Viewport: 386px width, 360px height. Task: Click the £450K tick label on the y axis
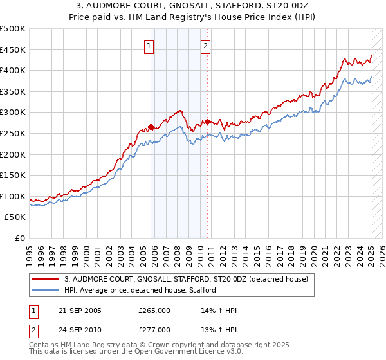click(x=13, y=50)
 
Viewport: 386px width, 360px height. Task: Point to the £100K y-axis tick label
click(x=13, y=196)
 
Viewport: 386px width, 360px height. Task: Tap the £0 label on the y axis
click(x=19, y=239)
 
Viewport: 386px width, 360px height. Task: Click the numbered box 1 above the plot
click(x=149, y=46)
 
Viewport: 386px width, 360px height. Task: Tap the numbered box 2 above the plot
click(x=205, y=46)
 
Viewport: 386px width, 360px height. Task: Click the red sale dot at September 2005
click(x=151, y=127)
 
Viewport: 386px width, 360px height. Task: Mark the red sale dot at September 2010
click(x=208, y=122)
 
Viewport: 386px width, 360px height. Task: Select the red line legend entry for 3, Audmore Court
click(x=187, y=279)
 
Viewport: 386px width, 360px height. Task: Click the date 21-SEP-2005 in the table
click(x=79, y=310)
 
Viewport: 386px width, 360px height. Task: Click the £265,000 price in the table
click(x=154, y=310)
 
